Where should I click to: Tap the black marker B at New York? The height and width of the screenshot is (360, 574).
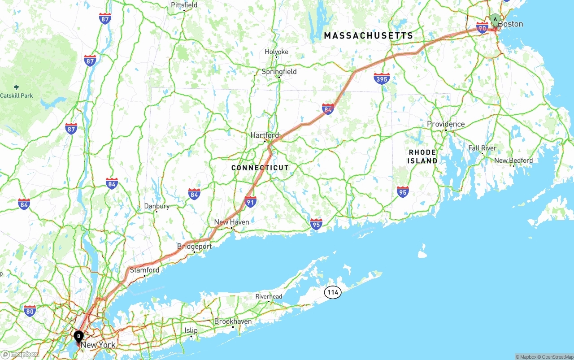click(78, 336)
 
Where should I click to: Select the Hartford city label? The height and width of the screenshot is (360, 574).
click(265, 135)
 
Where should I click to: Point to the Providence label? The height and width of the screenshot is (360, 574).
click(445, 124)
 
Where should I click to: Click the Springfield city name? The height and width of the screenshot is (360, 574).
click(279, 71)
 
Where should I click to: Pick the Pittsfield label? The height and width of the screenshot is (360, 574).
click(184, 5)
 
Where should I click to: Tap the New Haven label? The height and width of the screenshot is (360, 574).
click(231, 222)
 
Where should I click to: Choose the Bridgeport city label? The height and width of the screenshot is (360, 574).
click(194, 247)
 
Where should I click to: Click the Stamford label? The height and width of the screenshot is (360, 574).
click(144, 270)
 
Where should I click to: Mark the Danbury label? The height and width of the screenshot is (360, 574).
click(157, 206)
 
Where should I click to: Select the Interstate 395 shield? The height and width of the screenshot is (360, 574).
click(381, 78)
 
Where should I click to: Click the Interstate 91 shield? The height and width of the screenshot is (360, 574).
click(250, 201)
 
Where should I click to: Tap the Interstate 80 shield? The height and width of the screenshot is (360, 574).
click(30, 311)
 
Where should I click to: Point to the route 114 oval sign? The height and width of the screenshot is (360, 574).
click(332, 293)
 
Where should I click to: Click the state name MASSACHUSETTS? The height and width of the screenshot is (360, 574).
click(368, 35)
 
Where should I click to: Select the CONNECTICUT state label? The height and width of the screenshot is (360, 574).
click(260, 168)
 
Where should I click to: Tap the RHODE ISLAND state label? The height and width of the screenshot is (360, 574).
click(422, 156)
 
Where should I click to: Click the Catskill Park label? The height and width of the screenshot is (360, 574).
click(17, 95)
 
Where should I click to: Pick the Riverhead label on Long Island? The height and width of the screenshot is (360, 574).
click(269, 296)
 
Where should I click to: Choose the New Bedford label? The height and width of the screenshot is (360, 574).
click(513, 160)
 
